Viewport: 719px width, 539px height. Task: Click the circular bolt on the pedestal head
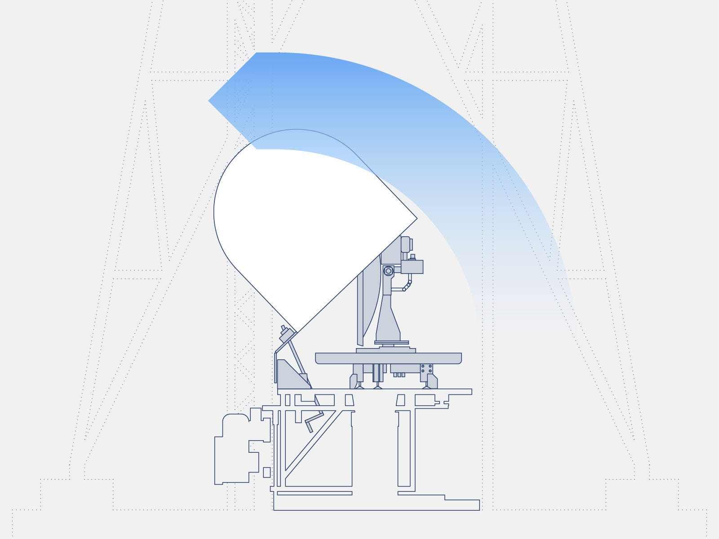388,271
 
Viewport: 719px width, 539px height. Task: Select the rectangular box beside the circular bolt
412,267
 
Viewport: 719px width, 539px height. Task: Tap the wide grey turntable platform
388,358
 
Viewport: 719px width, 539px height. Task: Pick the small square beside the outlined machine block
266,472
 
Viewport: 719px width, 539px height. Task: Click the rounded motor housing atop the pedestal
406,244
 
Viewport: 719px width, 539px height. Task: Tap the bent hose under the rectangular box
407,285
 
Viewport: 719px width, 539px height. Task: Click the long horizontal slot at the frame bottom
315,493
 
